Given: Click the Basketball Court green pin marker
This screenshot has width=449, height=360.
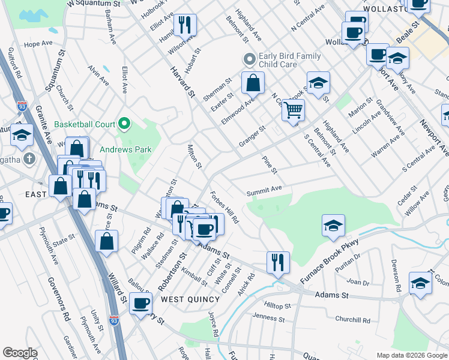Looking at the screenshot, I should (x=124, y=124).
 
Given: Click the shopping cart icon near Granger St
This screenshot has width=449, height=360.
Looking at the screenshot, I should (x=294, y=111).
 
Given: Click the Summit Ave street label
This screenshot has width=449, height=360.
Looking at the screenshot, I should (x=264, y=190).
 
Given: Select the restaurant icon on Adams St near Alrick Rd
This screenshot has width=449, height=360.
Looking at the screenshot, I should (x=278, y=262).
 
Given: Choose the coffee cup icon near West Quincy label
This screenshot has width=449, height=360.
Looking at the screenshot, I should (x=142, y=303).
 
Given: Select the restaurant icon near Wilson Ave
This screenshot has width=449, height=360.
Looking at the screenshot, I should (x=184, y=26).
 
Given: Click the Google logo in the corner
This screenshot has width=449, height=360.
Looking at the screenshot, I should (x=20, y=353).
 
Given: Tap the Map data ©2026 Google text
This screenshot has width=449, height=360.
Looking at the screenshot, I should (x=411, y=355).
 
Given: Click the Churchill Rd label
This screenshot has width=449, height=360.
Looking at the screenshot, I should (x=353, y=320).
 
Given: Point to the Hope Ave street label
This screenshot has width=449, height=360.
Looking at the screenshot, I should (x=35, y=45).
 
